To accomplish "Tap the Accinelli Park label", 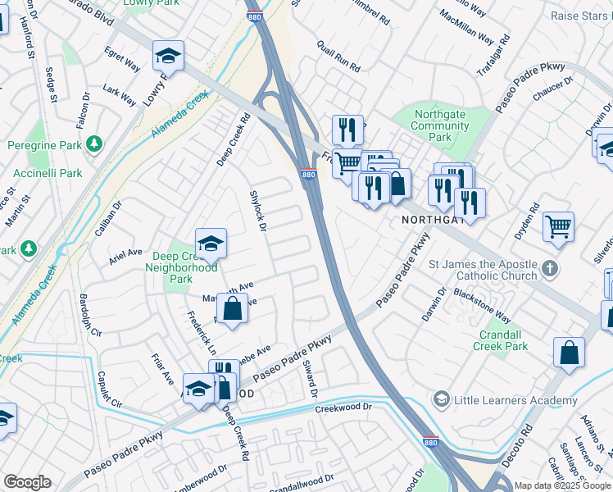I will pyautogui.click(x=47, y=173).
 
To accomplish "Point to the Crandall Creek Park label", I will pyautogui.click(x=501, y=340).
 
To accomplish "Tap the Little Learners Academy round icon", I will pyautogui.click(x=442, y=399).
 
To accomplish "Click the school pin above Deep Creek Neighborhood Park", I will pyautogui.click(x=211, y=243).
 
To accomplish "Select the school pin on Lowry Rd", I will pyautogui.click(x=168, y=56).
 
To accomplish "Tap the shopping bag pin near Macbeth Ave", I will pyautogui.click(x=233, y=309).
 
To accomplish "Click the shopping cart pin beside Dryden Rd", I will pyautogui.click(x=558, y=226).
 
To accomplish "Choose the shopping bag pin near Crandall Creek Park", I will pyautogui.click(x=569, y=353).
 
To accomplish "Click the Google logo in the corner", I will pyautogui.click(x=27, y=482).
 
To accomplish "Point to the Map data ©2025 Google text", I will pyautogui.click(x=562, y=485).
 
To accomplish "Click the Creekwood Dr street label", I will pyautogui.click(x=343, y=407).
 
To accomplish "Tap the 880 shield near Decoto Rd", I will pyautogui.click(x=432, y=441).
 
